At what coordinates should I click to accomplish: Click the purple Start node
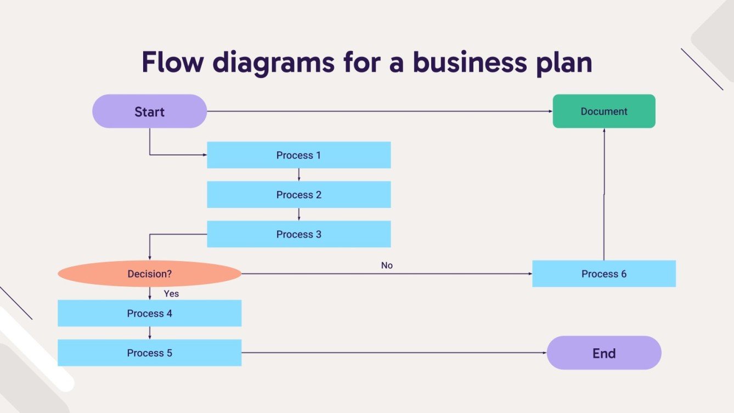149,111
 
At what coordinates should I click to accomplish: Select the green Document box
603,111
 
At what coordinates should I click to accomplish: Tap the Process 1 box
298,155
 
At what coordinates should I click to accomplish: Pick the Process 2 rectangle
298,195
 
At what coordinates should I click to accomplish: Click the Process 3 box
298,234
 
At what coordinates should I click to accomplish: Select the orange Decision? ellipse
149,274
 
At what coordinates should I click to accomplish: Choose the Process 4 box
149,313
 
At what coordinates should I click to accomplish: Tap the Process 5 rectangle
149,353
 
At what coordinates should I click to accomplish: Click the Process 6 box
603,274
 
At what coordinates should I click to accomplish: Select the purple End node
603,353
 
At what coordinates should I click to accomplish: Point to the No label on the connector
387,265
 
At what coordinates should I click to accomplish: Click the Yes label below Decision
171,294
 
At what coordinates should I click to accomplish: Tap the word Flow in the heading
173,63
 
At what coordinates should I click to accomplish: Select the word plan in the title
562,63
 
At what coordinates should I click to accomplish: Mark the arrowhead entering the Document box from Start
550,111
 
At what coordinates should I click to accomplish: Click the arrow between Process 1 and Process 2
298,175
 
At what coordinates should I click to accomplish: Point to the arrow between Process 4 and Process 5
149,333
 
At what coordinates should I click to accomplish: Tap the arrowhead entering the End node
544,353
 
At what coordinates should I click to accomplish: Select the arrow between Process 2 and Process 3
298,214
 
